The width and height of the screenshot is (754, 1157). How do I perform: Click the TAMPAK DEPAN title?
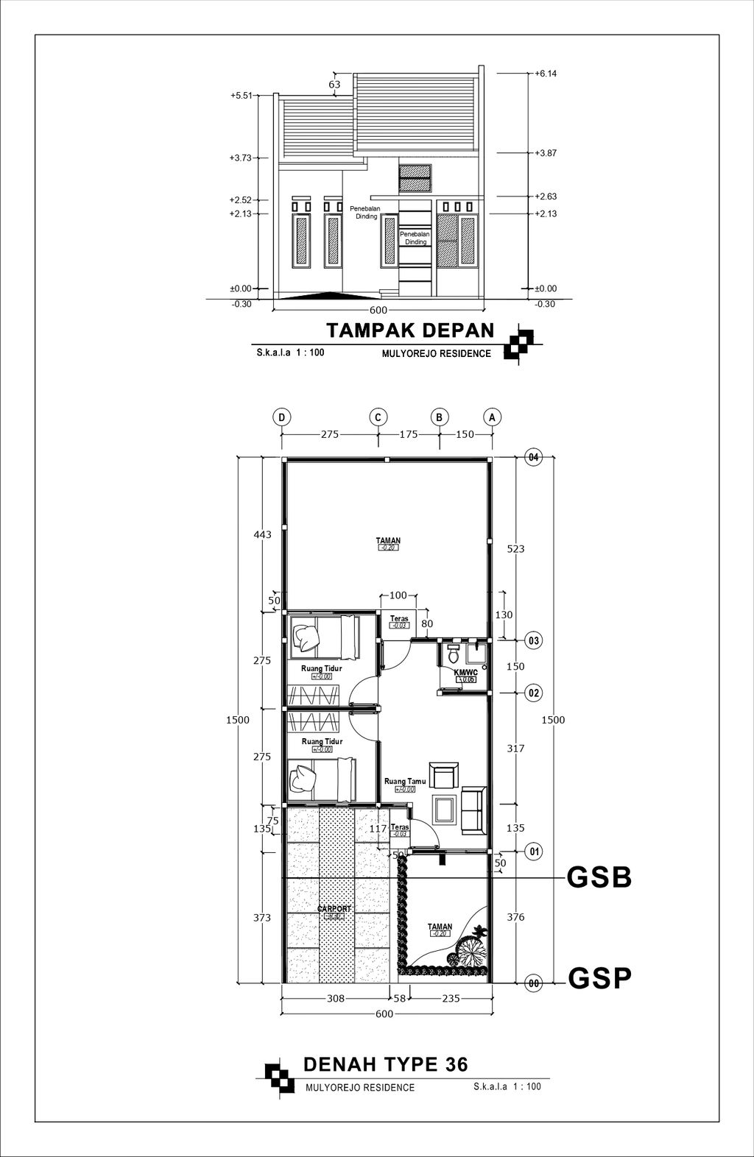(410, 330)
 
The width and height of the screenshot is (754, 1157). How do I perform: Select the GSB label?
(599, 878)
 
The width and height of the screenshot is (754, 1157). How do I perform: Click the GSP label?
(599, 979)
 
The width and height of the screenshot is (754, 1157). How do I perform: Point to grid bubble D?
(281, 417)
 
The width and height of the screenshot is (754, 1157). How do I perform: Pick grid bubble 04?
(534, 458)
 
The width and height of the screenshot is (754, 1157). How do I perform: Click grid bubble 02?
(534, 693)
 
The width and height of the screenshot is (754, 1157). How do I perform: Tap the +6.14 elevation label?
(546, 74)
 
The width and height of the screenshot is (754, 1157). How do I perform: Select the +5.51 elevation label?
(241, 96)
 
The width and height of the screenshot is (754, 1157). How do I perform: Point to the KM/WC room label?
(465, 673)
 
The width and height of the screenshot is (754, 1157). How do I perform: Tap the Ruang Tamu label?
(405, 782)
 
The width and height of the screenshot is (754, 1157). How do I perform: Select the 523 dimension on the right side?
(515, 548)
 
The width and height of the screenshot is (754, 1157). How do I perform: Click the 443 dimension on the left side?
(262, 534)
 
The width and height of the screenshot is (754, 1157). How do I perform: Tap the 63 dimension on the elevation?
(334, 85)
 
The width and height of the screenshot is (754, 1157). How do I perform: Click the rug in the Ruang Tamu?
(444, 810)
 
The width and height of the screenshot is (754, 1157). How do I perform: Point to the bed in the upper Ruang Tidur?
(322, 635)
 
